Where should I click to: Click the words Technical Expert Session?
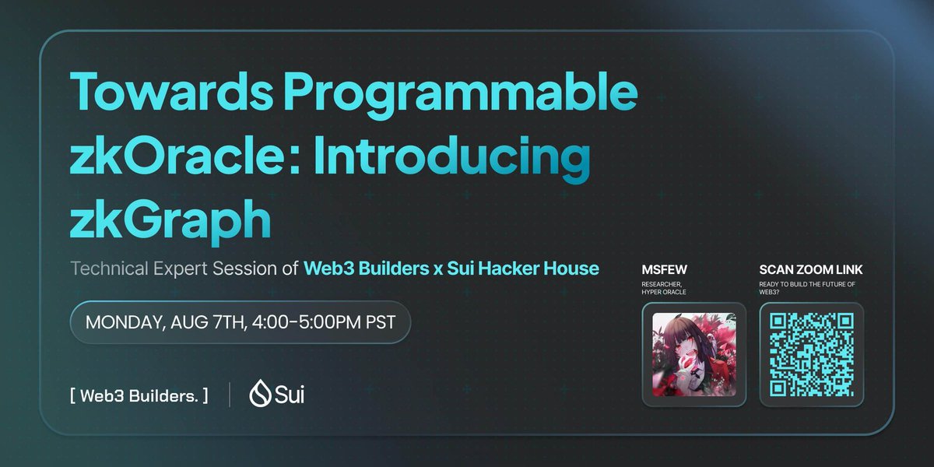coord(174,269)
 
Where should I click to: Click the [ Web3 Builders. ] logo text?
coord(139,395)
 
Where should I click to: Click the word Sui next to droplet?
coord(289,395)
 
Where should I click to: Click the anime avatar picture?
coord(694,354)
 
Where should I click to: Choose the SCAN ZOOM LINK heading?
coord(811,270)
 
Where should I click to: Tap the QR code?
coord(811,354)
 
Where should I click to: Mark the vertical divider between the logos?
coord(230,395)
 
